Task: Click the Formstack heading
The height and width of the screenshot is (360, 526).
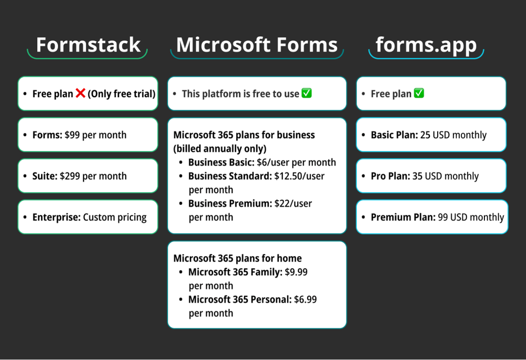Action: coord(88,45)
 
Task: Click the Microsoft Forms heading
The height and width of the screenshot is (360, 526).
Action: coord(257,45)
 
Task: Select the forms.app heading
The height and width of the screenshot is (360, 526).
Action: coord(426,45)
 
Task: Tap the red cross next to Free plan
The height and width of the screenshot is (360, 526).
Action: coord(80,93)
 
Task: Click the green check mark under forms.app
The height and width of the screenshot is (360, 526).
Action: coord(419,93)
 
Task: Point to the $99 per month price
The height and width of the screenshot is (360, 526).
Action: coord(95,135)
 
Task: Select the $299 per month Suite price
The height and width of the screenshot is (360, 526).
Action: coord(93,176)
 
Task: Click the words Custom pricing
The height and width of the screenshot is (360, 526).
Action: coord(115,217)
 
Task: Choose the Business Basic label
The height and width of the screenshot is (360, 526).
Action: coord(221,162)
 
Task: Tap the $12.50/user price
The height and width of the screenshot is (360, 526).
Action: coord(299,176)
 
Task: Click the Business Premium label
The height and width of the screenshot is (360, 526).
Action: coord(229,203)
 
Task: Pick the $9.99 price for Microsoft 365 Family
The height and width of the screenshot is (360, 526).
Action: coord(296,272)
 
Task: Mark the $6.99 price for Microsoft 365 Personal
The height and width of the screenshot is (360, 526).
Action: coord(305,299)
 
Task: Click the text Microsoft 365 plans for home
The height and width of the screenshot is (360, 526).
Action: coord(237,258)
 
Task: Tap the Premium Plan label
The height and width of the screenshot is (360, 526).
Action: coord(402,217)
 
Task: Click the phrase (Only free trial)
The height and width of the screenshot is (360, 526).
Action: coord(122,94)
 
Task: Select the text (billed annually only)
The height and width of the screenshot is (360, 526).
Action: coord(220,148)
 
